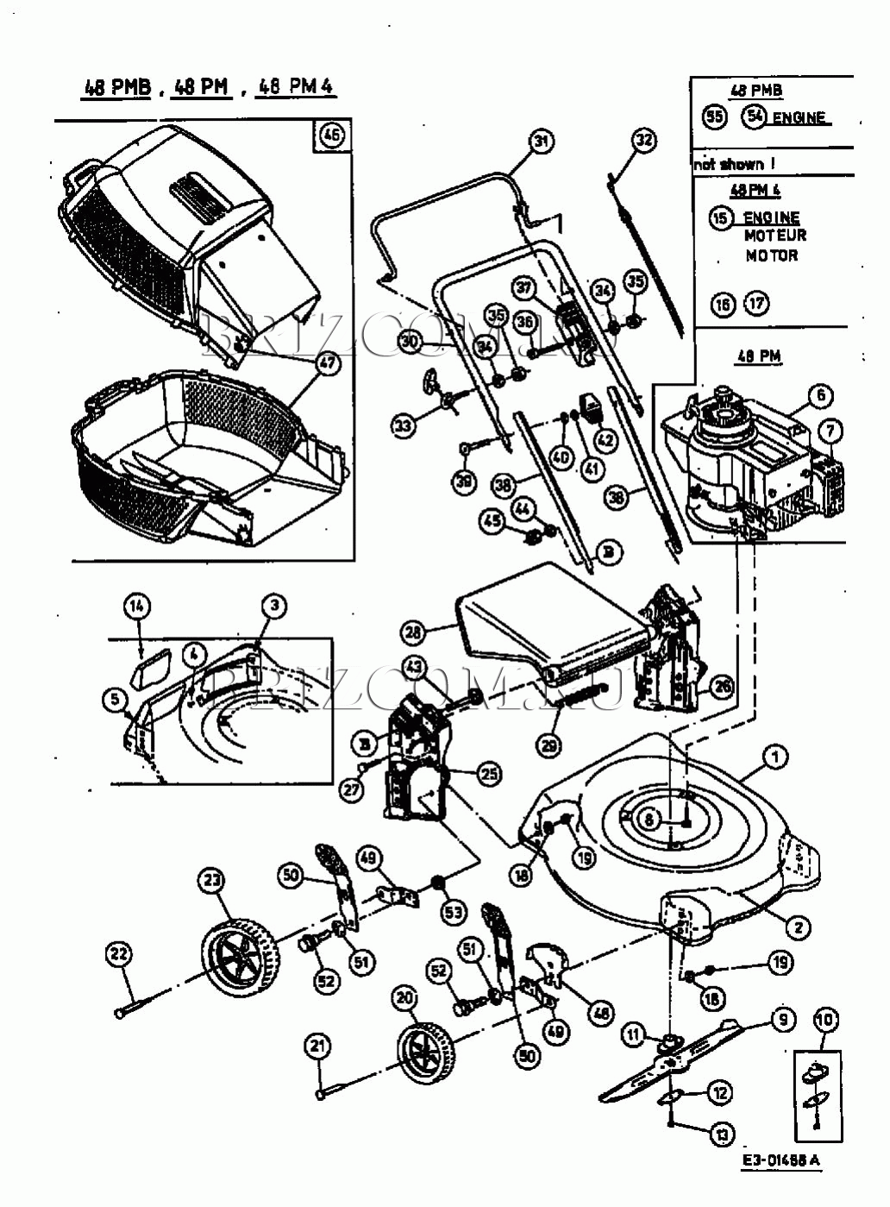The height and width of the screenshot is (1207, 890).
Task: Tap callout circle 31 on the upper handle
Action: pyautogui.click(x=541, y=142)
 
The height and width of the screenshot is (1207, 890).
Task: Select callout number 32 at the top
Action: pyautogui.click(x=644, y=141)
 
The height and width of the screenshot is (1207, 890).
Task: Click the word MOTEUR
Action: pyautogui.click(x=775, y=236)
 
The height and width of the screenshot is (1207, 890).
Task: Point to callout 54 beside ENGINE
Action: pyautogui.click(x=755, y=116)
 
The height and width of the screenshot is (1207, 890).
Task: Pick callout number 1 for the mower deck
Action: pyautogui.click(x=775, y=758)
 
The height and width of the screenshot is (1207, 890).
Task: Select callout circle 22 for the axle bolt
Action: pyautogui.click(x=119, y=954)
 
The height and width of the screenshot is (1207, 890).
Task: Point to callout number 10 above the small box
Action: pyautogui.click(x=824, y=1021)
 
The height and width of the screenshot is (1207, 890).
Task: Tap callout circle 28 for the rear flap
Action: pyautogui.click(x=415, y=633)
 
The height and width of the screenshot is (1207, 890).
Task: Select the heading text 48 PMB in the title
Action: pyautogui.click(x=117, y=86)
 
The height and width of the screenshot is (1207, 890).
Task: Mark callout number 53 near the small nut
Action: pyautogui.click(x=454, y=912)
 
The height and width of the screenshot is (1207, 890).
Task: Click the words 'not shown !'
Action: pyautogui.click(x=729, y=164)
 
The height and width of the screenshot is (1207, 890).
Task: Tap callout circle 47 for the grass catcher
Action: pyautogui.click(x=329, y=363)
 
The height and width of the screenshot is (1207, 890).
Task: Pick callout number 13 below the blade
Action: pyautogui.click(x=721, y=1134)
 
